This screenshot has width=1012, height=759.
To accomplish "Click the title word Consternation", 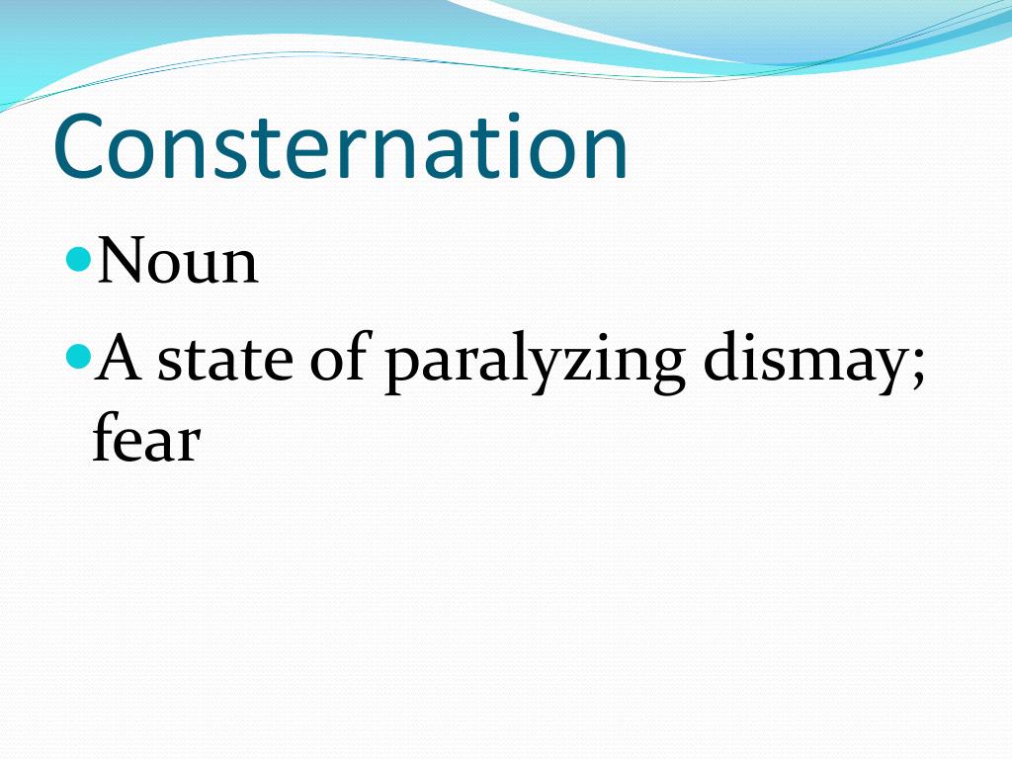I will point(341,147).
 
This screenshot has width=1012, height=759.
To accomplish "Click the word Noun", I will point(178,262).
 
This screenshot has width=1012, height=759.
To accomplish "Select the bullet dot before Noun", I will point(81,259).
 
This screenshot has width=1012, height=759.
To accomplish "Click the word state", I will point(225,360).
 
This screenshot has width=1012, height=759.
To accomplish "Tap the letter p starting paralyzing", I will point(403,368).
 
